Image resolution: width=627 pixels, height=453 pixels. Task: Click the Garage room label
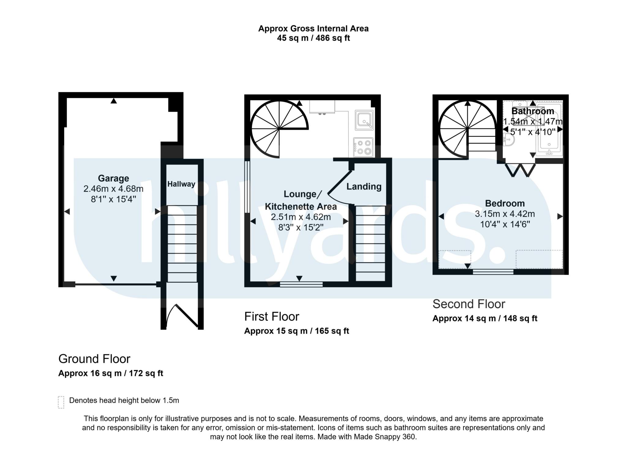pos(113,178)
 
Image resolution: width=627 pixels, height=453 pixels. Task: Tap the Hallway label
pos(181,184)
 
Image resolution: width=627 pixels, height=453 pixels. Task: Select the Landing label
pos(364,187)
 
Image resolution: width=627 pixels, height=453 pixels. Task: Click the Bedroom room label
pos(505,204)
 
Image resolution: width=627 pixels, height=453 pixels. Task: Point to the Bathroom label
pos(533,111)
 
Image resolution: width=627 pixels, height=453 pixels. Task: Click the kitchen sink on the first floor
pos(364,120)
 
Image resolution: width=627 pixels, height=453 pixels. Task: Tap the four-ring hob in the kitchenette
pos(363,147)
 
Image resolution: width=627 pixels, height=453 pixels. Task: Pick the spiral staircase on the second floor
pos(467,130)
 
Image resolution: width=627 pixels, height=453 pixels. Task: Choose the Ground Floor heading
pos(94,359)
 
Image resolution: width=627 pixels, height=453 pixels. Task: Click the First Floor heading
pos(272,317)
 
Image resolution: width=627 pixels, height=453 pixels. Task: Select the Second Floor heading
pos(469,304)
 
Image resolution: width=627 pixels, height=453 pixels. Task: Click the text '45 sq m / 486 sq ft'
pos(313,38)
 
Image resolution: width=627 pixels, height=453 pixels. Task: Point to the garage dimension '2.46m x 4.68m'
pos(113,189)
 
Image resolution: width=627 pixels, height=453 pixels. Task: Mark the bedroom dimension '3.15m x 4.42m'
pos(505,214)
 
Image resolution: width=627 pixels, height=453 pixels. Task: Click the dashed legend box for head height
pos(61,402)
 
